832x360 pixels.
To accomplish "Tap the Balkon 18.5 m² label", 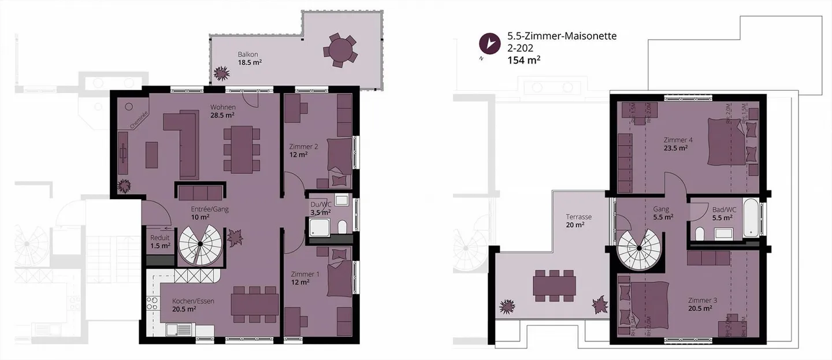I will click(x=250, y=58).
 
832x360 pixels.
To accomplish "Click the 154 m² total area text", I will click(x=523, y=59).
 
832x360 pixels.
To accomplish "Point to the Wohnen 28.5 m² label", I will click(x=222, y=111).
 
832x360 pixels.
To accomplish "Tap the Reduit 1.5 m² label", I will click(x=160, y=242).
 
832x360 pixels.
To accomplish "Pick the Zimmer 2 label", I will click(x=303, y=150).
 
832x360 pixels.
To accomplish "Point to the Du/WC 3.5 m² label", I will click(x=318, y=207).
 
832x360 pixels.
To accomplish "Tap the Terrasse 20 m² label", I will click(x=578, y=221).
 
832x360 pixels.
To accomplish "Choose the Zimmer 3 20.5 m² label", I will click(x=703, y=304).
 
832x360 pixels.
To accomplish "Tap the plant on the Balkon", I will click(x=220, y=73).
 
